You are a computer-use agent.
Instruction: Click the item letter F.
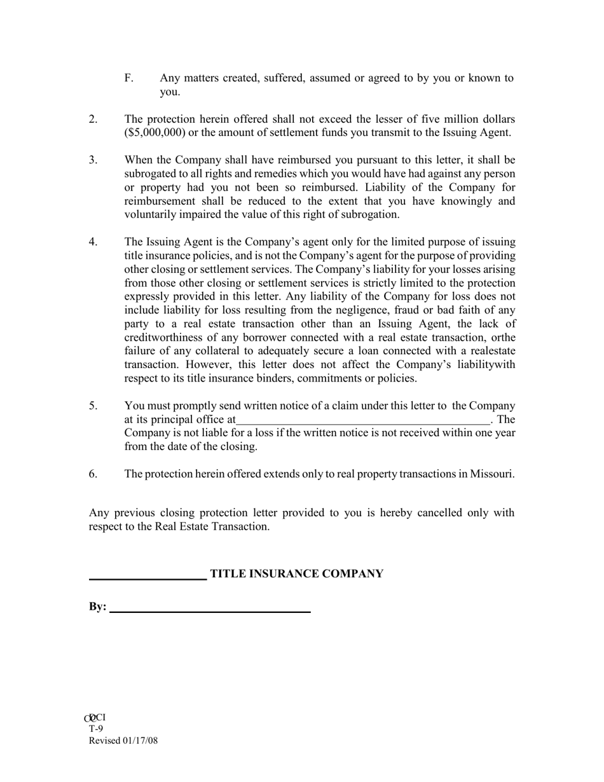pyautogui.click(x=128, y=78)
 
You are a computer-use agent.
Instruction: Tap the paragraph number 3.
pyautogui.click(x=93, y=160)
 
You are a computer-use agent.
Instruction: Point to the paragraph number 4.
pyautogui.click(x=93, y=242)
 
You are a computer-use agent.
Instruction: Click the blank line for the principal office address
pyautogui.click(x=362, y=420)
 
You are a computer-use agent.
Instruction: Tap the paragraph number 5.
pyautogui.click(x=93, y=406)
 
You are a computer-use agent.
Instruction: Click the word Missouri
pyautogui.click(x=491, y=474)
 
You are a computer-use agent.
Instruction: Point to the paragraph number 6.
pyautogui.click(x=93, y=474)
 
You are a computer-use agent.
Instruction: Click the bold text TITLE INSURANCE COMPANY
pyautogui.click(x=296, y=574)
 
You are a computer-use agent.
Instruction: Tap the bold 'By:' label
pyautogui.click(x=97, y=607)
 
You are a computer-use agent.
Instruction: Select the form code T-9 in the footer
pyautogui.click(x=96, y=729)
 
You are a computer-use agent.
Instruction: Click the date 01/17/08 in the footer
pyautogui.click(x=139, y=741)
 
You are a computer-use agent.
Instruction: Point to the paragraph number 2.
pyautogui.click(x=93, y=119)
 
